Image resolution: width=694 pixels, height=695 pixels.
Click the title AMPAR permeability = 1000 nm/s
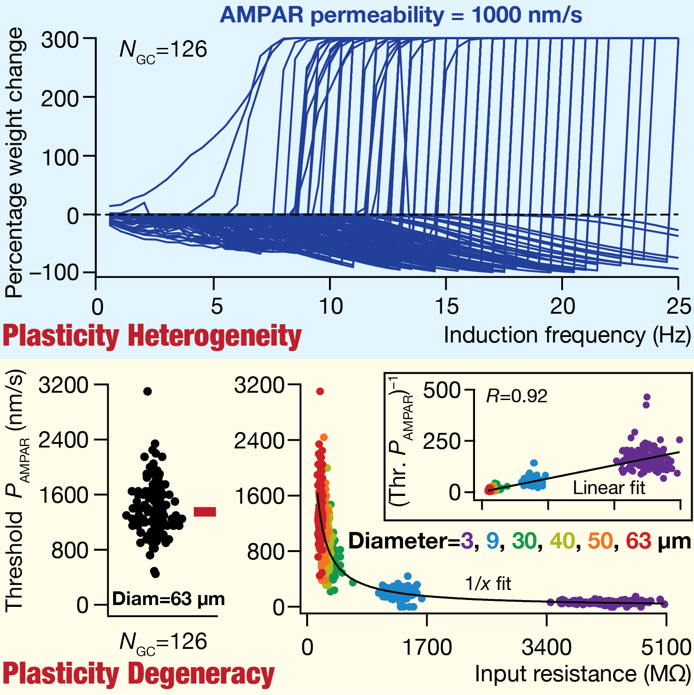pyautogui.click(x=401, y=15)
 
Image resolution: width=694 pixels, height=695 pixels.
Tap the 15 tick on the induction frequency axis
pyautogui.click(x=446, y=306)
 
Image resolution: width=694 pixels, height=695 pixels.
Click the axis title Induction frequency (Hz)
pyautogui.click(x=567, y=336)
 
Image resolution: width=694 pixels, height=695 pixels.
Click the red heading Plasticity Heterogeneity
pyautogui.click(x=152, y=337)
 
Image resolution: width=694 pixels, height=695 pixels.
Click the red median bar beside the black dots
pyautogui.click(x=205, y=511)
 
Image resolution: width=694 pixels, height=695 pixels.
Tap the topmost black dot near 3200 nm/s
pyautogui.click(x=147, y=391)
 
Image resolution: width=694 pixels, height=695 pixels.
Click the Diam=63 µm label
pyautogui.click(x=168, y=599)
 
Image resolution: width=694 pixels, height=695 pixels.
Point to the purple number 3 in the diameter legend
pyautogui.click(x=466, y=541)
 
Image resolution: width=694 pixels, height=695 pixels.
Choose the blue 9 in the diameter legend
pyautogui.click(x=492, y=541)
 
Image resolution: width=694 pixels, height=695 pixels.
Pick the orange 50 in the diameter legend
pyautogui.click(x=600, y=541)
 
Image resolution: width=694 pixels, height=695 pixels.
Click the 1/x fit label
pyautogui.click(x=488, y=584)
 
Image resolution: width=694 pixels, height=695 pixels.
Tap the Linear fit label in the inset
pyautogui.click(x=609, y=488)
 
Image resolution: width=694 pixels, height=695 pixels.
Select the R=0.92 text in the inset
pyautogui.click(x=517, y=396)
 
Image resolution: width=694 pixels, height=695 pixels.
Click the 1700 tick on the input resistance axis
pyautogui.click(x=427, y=648)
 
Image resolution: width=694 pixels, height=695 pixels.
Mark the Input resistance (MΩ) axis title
pyautogui.click(x=583, y=674)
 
